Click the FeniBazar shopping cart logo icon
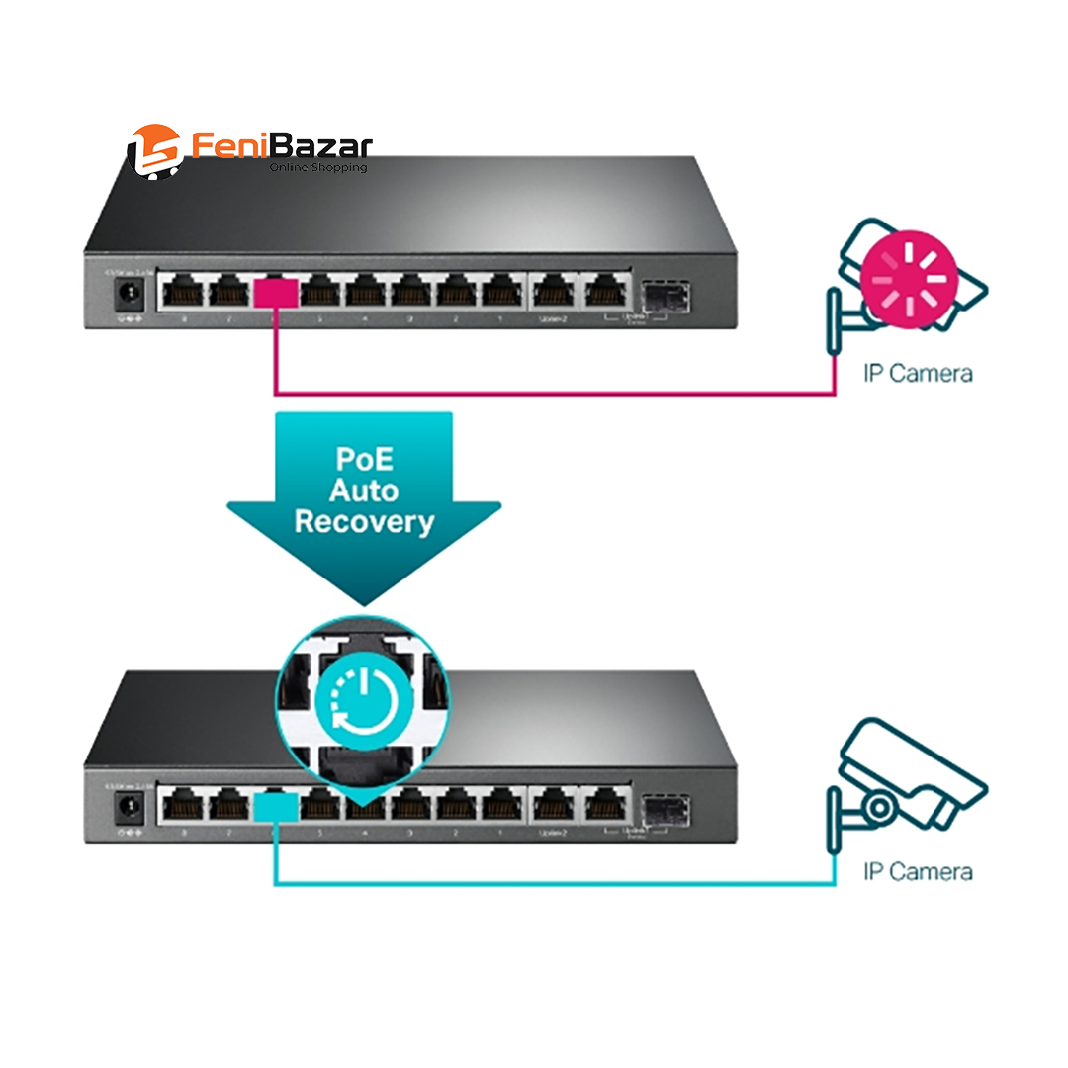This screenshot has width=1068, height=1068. click(154, 150)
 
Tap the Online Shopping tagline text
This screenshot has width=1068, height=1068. click(317, 168)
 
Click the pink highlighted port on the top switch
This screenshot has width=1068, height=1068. click(276, 293)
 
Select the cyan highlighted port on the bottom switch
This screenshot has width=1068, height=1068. click(276, 807)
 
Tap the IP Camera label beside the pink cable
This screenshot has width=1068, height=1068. click(917, 373)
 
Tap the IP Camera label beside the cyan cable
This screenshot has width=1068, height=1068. click(917, 871)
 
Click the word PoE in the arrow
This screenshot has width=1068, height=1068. click(363, 460)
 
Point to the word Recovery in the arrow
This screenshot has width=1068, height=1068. click(364, 522)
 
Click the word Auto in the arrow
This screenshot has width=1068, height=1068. click(364, 490)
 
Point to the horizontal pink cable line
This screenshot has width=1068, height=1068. click(554, 395)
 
